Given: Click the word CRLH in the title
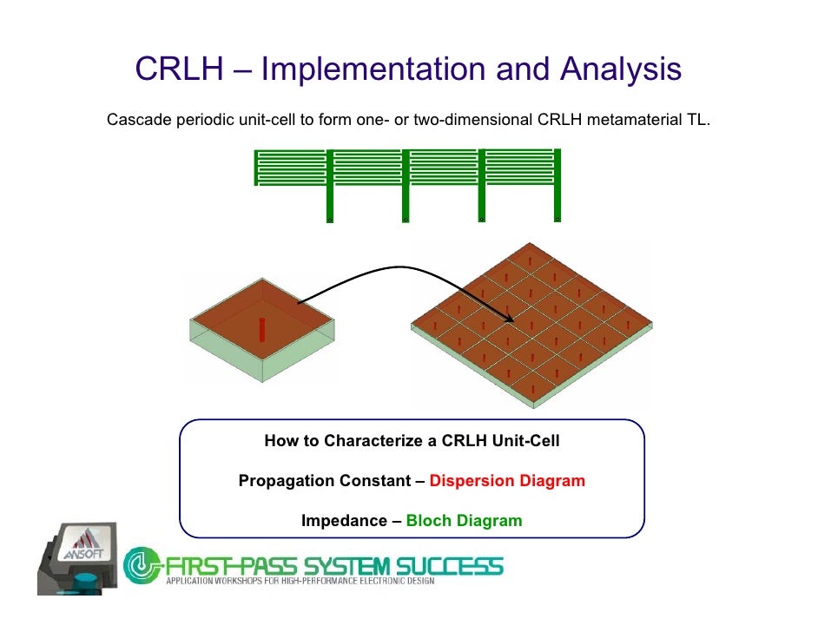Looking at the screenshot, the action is tap(179, 69).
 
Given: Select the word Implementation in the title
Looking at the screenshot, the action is tap(373, 69).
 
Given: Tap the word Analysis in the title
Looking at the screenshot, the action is tap(621, 69).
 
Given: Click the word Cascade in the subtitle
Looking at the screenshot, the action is tap(139, 120).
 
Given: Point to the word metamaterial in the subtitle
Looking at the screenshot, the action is tap(633, 120).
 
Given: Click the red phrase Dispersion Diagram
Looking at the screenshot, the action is tap(507, 480).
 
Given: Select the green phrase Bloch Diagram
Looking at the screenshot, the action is tap(464, 520).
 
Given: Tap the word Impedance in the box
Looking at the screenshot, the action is tap(344, 520).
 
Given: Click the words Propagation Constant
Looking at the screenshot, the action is tap(325, 480).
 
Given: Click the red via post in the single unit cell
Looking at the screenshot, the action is tap(262, 330).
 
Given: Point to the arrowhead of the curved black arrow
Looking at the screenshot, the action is tap(510, 318).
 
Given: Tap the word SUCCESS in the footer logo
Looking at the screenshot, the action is tap(450, 566).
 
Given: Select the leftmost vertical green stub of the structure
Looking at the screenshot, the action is tap(330, 186).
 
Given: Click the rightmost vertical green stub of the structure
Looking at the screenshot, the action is tap(557, 186).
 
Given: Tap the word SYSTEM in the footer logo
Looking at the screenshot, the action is tap(346, 566).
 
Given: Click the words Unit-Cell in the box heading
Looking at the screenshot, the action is tap(526, 441).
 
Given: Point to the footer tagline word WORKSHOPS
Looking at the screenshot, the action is tap(239, 581).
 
